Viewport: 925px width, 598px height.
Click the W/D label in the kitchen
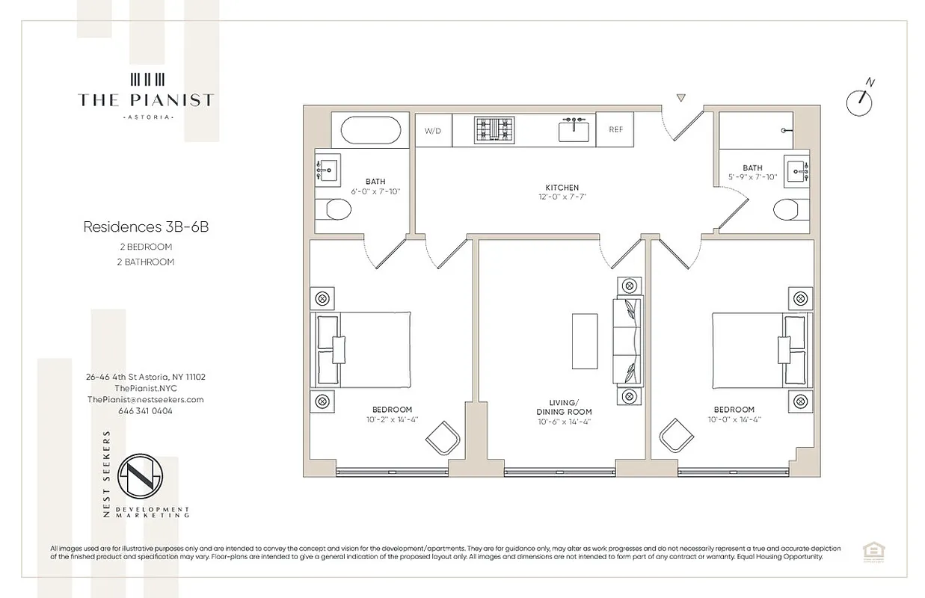pyautogui.click(x=433, y=131)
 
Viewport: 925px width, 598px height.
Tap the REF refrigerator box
pyautogui.click(x=615, y=130)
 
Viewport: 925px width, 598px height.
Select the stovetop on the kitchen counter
pyautogui.click(x=495, y=131)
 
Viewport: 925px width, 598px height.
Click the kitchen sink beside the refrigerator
pyautogui.click(x=574, y=131)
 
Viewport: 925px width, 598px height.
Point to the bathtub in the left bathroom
pyautogui.click(x=375, y=131)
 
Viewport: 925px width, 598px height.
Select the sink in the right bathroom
pyautogui.click(x=797, y=170)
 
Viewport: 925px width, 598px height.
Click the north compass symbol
pyautogui.click(x=860, y=102)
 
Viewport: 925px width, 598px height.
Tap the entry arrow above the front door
pyautogui.click(x=680, y=98)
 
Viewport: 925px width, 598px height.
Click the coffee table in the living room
pyautogui.click(x=585, y=341)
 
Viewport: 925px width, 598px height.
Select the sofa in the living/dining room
pyautogui.click(x=627, y=341)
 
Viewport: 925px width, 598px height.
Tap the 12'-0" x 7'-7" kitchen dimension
pyautogui.click(x=562, y=198)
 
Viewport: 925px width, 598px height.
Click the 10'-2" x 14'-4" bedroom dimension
pyautogui.click(x=392, y=419)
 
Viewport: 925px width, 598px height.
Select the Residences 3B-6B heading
pyautogui.click(x=146, y=226)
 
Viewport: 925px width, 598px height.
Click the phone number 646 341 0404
pyautogui.click(x=145, y=410)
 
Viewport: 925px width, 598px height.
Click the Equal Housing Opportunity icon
pyautogui.click(x=870, y=552)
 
